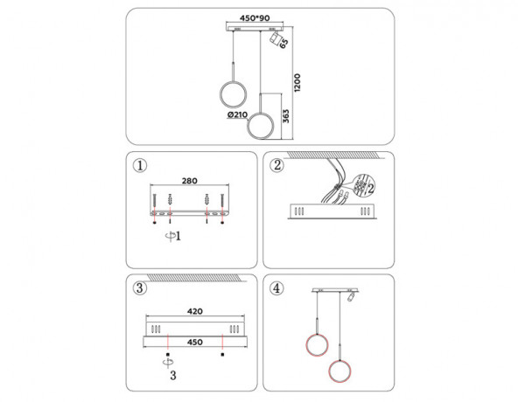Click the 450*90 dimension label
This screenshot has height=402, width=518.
(255, 18)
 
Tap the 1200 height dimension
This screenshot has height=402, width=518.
(297, 82)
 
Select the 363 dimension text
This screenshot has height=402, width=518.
(286, 116)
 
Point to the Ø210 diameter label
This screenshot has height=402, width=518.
(237, 114)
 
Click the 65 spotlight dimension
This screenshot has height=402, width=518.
(283, 43)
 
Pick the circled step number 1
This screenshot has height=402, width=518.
(140, 165)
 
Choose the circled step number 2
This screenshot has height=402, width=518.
(276, 165)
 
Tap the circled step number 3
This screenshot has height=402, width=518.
(140, 288)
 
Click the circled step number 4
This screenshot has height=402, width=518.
(276, 288)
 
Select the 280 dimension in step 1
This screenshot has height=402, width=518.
(190, 181)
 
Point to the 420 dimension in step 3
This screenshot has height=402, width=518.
(195, 311)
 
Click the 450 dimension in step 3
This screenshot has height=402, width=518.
(195, 342)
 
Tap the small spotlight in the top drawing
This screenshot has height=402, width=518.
(275, 38)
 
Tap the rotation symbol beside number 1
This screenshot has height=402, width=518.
(170, 236)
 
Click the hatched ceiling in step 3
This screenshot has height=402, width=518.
(195, 278)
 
